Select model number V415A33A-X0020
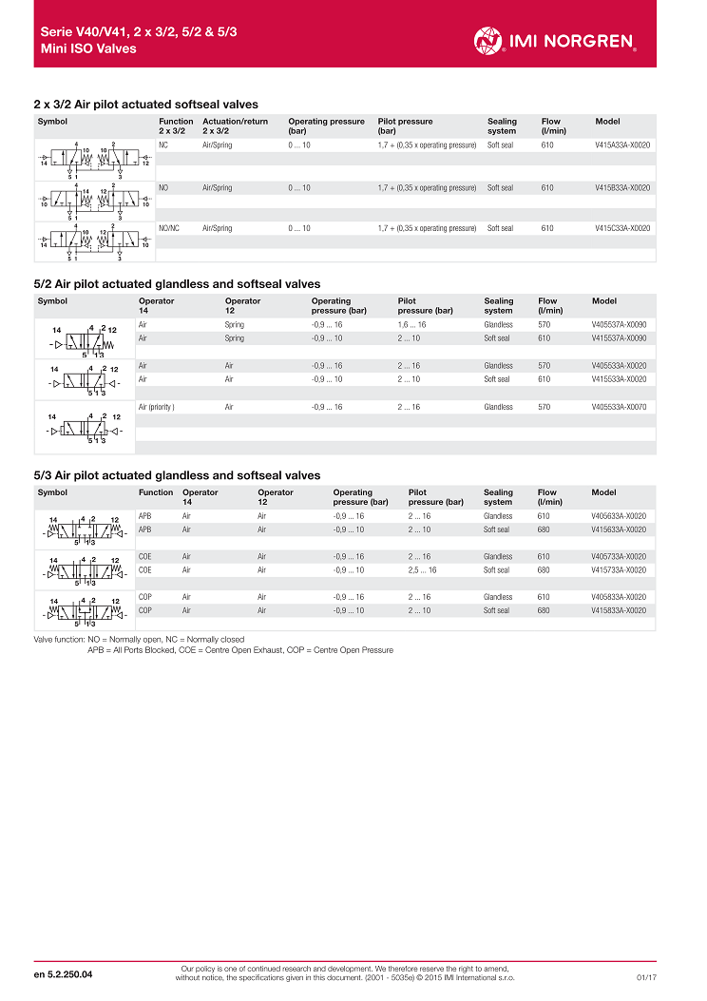pyautogui.click(x=622, y=145)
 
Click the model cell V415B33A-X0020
pyautogui.click(x=622, y=188)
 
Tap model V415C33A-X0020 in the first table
pyautogui.click(x=622, y=228)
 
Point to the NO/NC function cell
pyautogui.click(x=169, y=228)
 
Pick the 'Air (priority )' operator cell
pyautogui.click(x=157, y=407)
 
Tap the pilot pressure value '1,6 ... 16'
pyautogui.click(x=411, y=325)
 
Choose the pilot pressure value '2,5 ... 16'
pyautogui.click(x=423, y=570)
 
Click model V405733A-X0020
pyautogui.click(x=619, y=557)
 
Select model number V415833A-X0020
pyautogui.click(x=619, y=611)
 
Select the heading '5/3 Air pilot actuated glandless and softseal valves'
pyautogui.click(x=177, y=475)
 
